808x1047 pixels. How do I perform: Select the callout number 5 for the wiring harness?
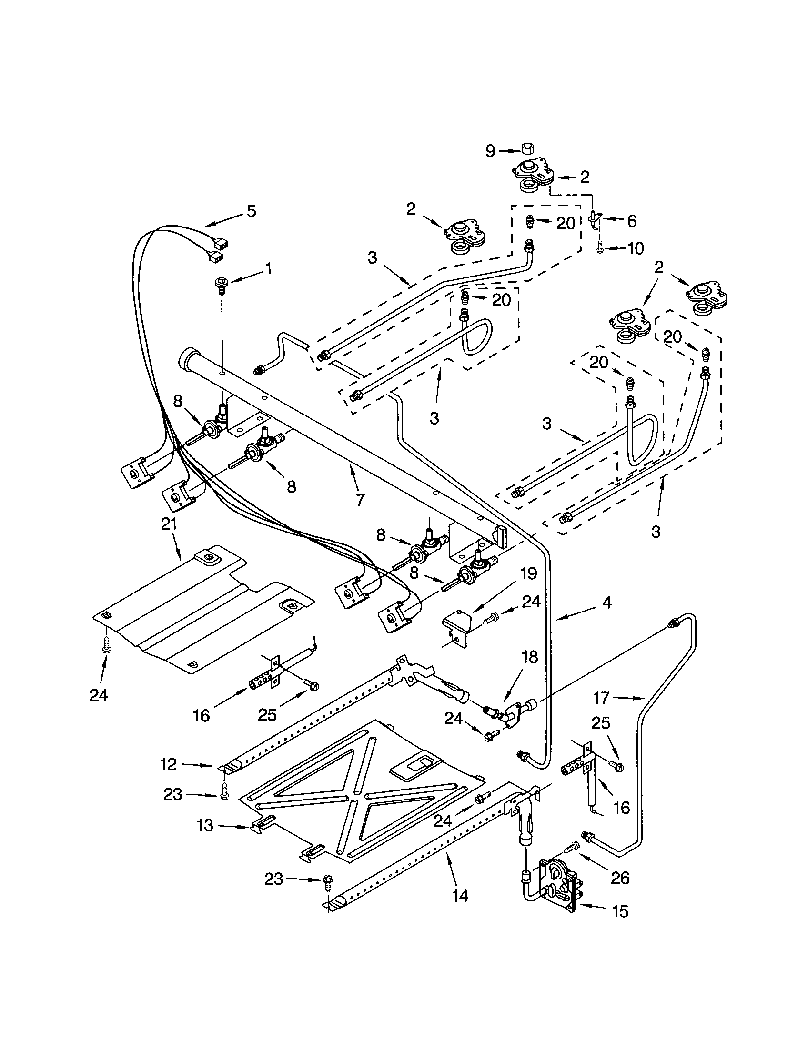(x=251, y=211)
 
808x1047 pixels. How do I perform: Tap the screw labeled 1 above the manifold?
(x=221, y=284)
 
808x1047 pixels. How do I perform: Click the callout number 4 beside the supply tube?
(x=607, y=603)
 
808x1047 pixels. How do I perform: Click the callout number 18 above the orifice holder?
(x=530, y=657)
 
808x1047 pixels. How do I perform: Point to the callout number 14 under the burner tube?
(x=460, y=896)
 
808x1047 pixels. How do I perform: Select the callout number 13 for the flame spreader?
(x=205, y=826)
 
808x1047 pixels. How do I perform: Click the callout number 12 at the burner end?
(x=169, y=764)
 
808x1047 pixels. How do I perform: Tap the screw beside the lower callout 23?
(x=328, y=881)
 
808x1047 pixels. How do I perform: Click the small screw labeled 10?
(x=600, y=248)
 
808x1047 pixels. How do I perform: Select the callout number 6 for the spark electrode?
(x=631, y=221)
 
